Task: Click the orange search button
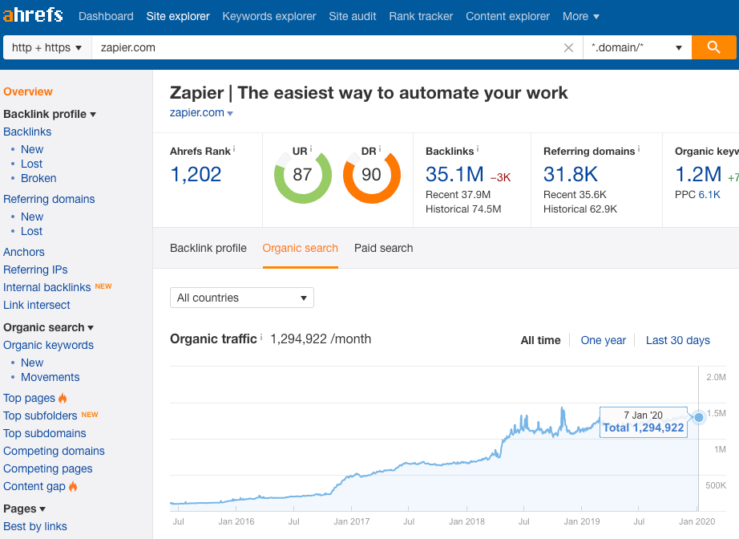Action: (x=714, y=47)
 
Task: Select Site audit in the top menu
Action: (x=353, y=16)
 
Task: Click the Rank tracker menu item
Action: (x=421, y=16)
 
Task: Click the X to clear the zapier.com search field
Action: (x=568, y=48)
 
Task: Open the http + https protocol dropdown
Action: (x=47, y=47)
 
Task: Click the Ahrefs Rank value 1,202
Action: (x=196, y=174)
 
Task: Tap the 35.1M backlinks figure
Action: (x=454, y=174)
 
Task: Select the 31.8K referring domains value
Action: (x=571, y=174)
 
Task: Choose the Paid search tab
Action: (x=384, y=248)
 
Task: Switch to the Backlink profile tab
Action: (x=208, y=248)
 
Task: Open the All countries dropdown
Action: (x=241, y=298)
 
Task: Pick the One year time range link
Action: (x=603, y=340)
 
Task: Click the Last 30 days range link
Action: (x=678, y=340)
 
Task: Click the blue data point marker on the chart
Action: (x=699, y=417)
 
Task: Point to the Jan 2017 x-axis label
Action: (x=352, y=521)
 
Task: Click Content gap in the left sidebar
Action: (x=34, y=486)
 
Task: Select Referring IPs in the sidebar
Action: (x=35, y=269)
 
